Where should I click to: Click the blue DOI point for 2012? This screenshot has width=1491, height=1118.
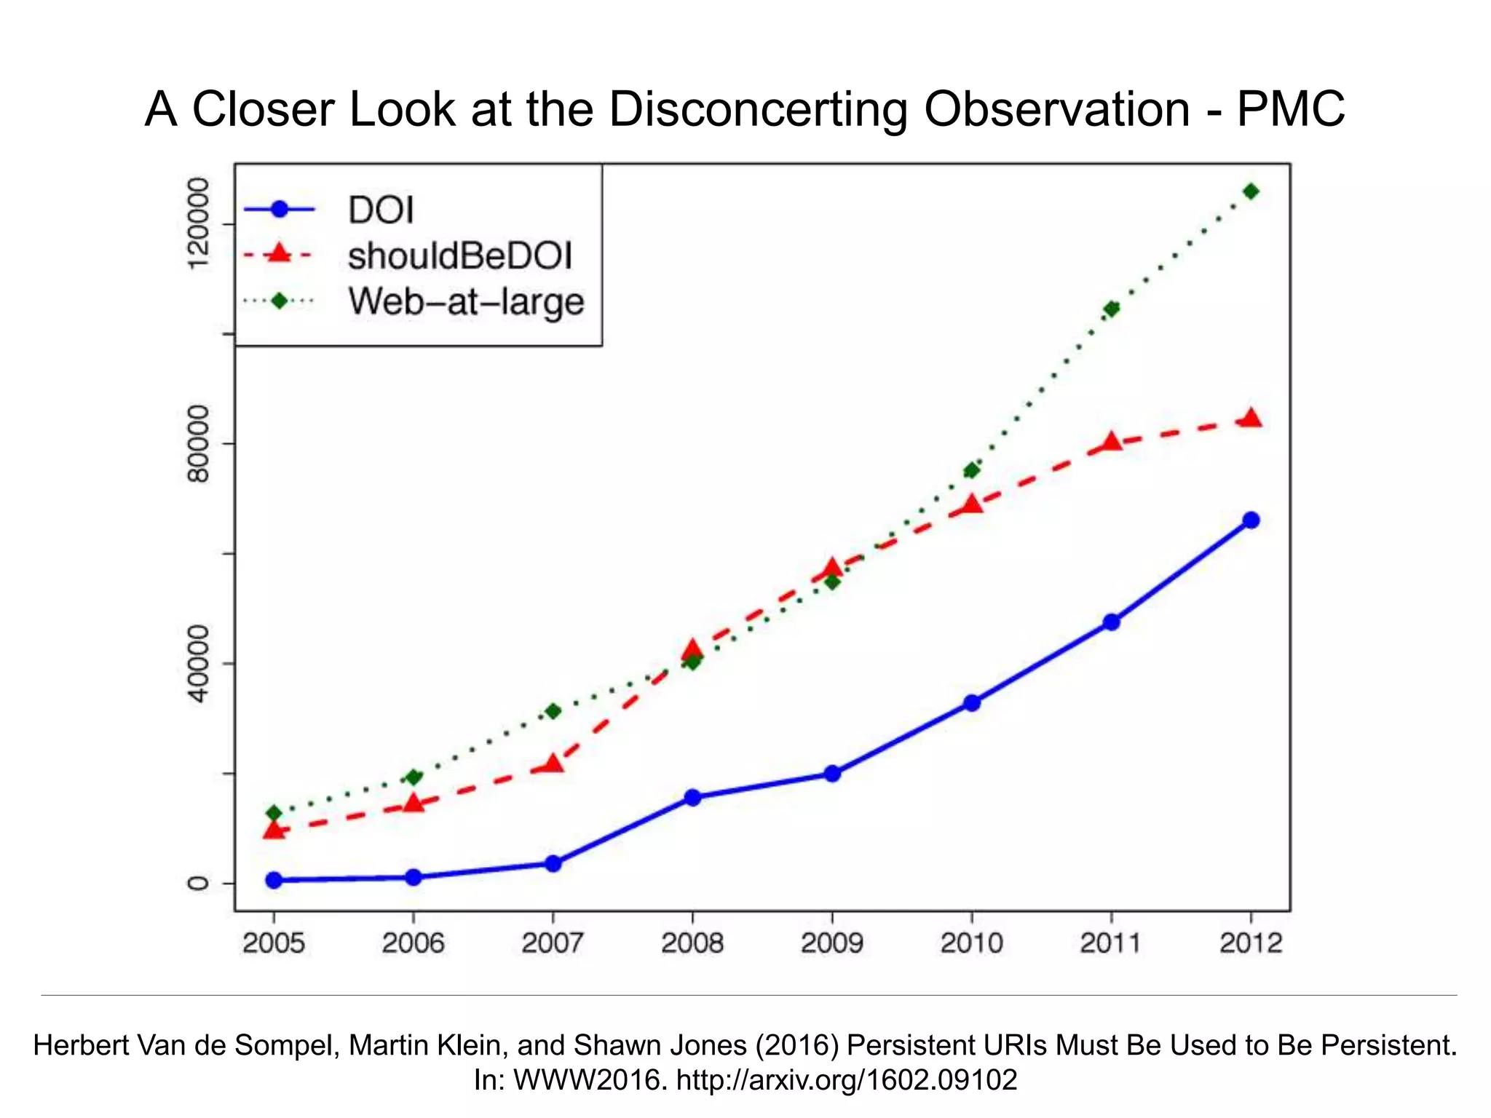pyautogui.click(x=1251, y=520)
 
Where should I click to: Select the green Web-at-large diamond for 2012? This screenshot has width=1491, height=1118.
pyautogui.click(x=1251, y=191)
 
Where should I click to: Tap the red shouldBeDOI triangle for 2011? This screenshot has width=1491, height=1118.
pyautogui.click(x=1111, y=442)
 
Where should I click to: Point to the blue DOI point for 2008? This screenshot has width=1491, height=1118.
pyautogui.click(x=692, y=798)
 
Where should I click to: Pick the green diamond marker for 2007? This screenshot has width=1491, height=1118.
pyautogui.click(x=553, y=711)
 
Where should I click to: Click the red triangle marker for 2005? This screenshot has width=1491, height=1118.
pyautogui.click(x=274, y=829)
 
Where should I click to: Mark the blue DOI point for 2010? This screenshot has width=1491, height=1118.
pyautogui.click(x=972, y=703)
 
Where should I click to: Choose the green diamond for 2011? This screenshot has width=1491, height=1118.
pyautogui.click(x=1111, y=309)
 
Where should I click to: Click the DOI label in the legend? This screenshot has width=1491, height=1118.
pyautogui.click(x=381, y=210)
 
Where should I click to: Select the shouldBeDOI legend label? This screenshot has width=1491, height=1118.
pyautogui.click(x=460, y=255)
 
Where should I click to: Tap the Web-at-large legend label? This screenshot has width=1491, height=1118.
pyautogui.click(x=466, y=301)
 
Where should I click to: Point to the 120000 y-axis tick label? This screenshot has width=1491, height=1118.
pyautogui.click(x=198, y=224)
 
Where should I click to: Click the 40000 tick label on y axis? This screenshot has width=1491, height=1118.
pyautogui.click(x=198, y=663)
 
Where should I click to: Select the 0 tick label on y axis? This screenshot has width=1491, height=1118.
pyautogui.click(x=198, y=883)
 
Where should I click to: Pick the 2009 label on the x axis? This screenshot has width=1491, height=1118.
pyautogui.click(x=831, y=944)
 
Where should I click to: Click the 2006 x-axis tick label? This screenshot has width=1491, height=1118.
pyautogui.click(x=413, y=944)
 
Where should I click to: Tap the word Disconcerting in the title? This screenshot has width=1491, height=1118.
pyautogui.click(x=758, y=109)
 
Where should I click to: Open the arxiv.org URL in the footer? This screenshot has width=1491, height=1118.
pyautogui.click(x=846, y=1079)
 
